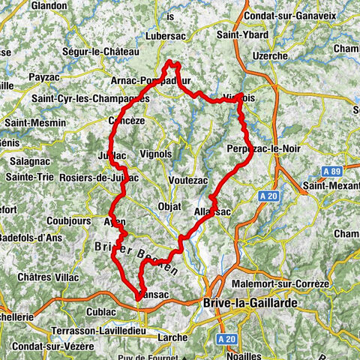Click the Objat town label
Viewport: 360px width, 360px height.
click(x=170, y=207)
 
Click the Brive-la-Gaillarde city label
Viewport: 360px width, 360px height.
click(x=250, y=302)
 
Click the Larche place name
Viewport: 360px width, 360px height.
click(x=172, y=337)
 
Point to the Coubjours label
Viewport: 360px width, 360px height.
click(x=46, y=220)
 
